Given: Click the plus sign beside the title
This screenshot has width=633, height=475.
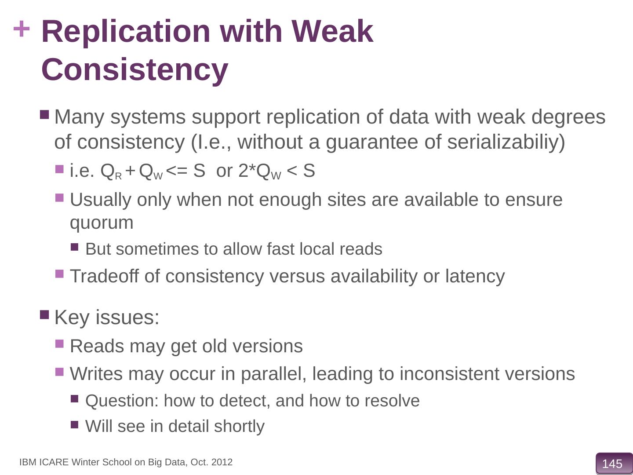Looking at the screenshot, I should pyautogui.click(x=22, y=30).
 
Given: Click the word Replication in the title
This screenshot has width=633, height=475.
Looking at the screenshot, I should pyautogui.click(x=125, y=32).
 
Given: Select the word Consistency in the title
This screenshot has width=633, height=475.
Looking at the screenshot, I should pyautogui.click(x=135, y=70).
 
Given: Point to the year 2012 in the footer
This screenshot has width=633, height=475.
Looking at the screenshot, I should pyautogui.click(x=222, y=462).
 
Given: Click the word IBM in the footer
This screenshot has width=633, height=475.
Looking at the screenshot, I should pyautogui.click(x=28, y=462).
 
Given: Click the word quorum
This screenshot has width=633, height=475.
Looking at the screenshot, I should pyautogui.click(x=102, y=223).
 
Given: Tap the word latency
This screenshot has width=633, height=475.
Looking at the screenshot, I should pyautogui.click(x=475, y=276).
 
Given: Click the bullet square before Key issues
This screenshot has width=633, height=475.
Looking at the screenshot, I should pyautogui.click(x=44, y=314).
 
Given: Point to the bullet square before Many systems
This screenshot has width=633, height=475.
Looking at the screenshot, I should pyautogui.click(x=44, y=115).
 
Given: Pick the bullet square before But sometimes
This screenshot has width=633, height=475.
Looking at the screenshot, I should pyautogui.click(x=74, y=247).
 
